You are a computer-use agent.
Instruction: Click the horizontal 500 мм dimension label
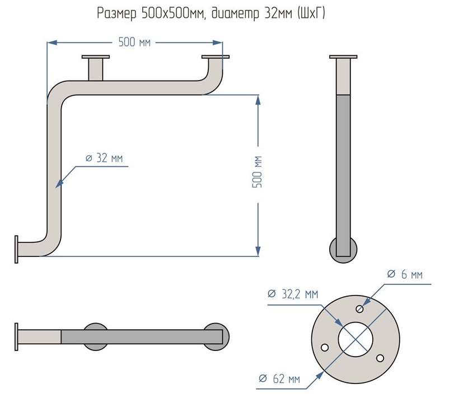point(134,42)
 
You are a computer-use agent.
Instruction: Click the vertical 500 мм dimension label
point(258,172)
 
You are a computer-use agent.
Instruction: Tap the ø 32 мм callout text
point(104,158)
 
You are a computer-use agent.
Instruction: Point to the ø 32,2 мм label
point(293,294)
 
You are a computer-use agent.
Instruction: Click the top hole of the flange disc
point(360,308)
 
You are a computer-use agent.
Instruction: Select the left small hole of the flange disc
point(324,348)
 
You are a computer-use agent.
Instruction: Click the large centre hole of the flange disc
point(356,338)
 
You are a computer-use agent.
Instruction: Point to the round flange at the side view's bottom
point(343,250)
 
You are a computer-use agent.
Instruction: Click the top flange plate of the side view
point(343,57)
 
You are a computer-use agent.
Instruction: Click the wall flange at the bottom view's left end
point(17,336)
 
